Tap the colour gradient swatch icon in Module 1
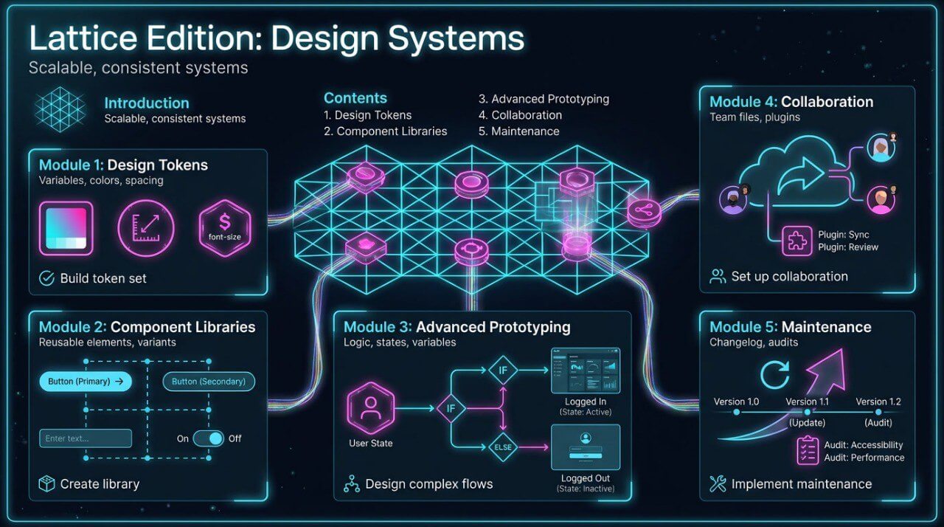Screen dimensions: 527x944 click(x=66, y=228)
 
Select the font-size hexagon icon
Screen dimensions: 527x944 click(x=225, y=228)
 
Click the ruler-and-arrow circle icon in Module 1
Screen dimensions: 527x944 click(x=146, y=228)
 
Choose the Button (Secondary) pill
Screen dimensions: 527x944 click(x=209, y=381)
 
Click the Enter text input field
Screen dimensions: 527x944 click(x=86, y=438)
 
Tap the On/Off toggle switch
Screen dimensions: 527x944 click(x=208, y=438)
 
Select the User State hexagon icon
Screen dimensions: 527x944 click(x=370, y=408)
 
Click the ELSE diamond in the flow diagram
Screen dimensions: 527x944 click(x=503, y=446)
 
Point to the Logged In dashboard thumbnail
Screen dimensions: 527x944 click(x=585, y=371)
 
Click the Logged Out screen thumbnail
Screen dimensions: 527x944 click(x=585, y=447)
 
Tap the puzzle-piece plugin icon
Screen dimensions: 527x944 click(x=797, y=241)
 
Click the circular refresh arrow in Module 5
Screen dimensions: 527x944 click(x=774, y=374)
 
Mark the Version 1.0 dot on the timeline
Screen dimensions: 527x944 click(x=736, y=412)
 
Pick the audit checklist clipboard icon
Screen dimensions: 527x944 click(x=808, y=451)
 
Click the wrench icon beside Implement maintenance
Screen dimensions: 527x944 click(x=717, y=484)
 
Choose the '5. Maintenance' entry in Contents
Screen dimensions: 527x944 click(x=518, y=131)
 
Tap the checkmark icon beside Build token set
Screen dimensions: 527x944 click(x=46, y=278)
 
